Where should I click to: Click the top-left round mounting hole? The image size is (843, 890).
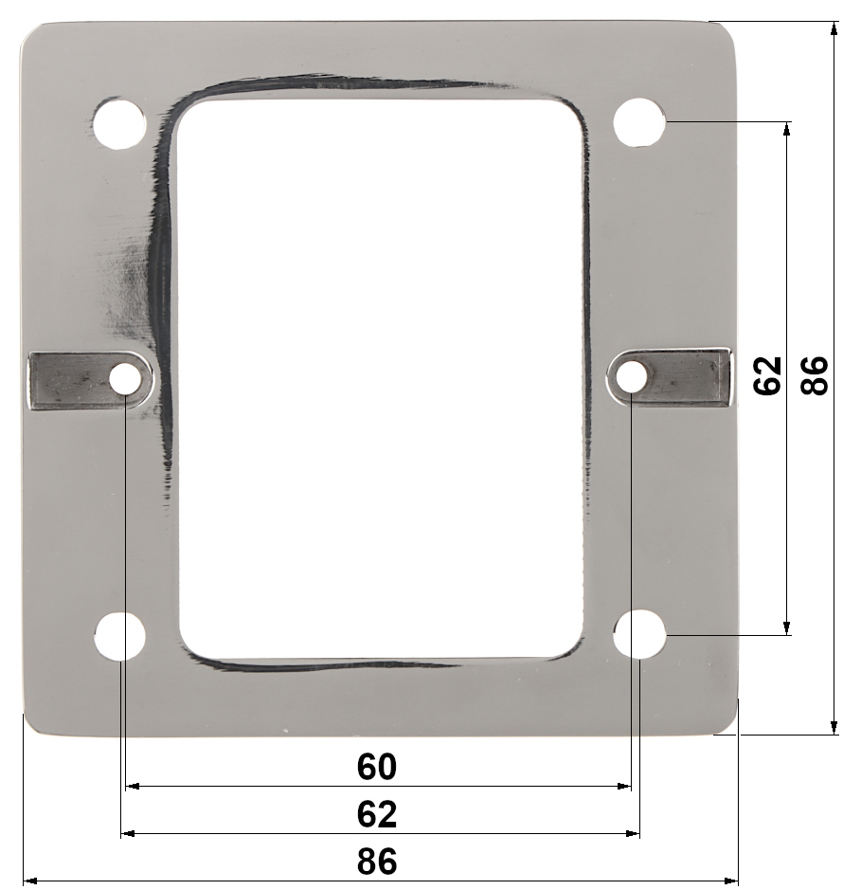[119, 123]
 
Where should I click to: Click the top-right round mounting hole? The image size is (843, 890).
[639, 122]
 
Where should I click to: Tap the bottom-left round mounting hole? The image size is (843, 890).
[119, 636]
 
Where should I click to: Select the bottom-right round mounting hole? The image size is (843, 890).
[639, 635]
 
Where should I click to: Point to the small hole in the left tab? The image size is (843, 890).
[125, 378]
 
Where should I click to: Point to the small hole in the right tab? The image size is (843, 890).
[632, 376]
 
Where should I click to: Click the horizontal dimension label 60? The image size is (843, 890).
[377, 766]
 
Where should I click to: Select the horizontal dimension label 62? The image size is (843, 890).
[377, 814]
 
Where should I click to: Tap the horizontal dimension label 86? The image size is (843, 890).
[377, 861]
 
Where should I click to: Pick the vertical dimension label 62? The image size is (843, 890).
[767, 375]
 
